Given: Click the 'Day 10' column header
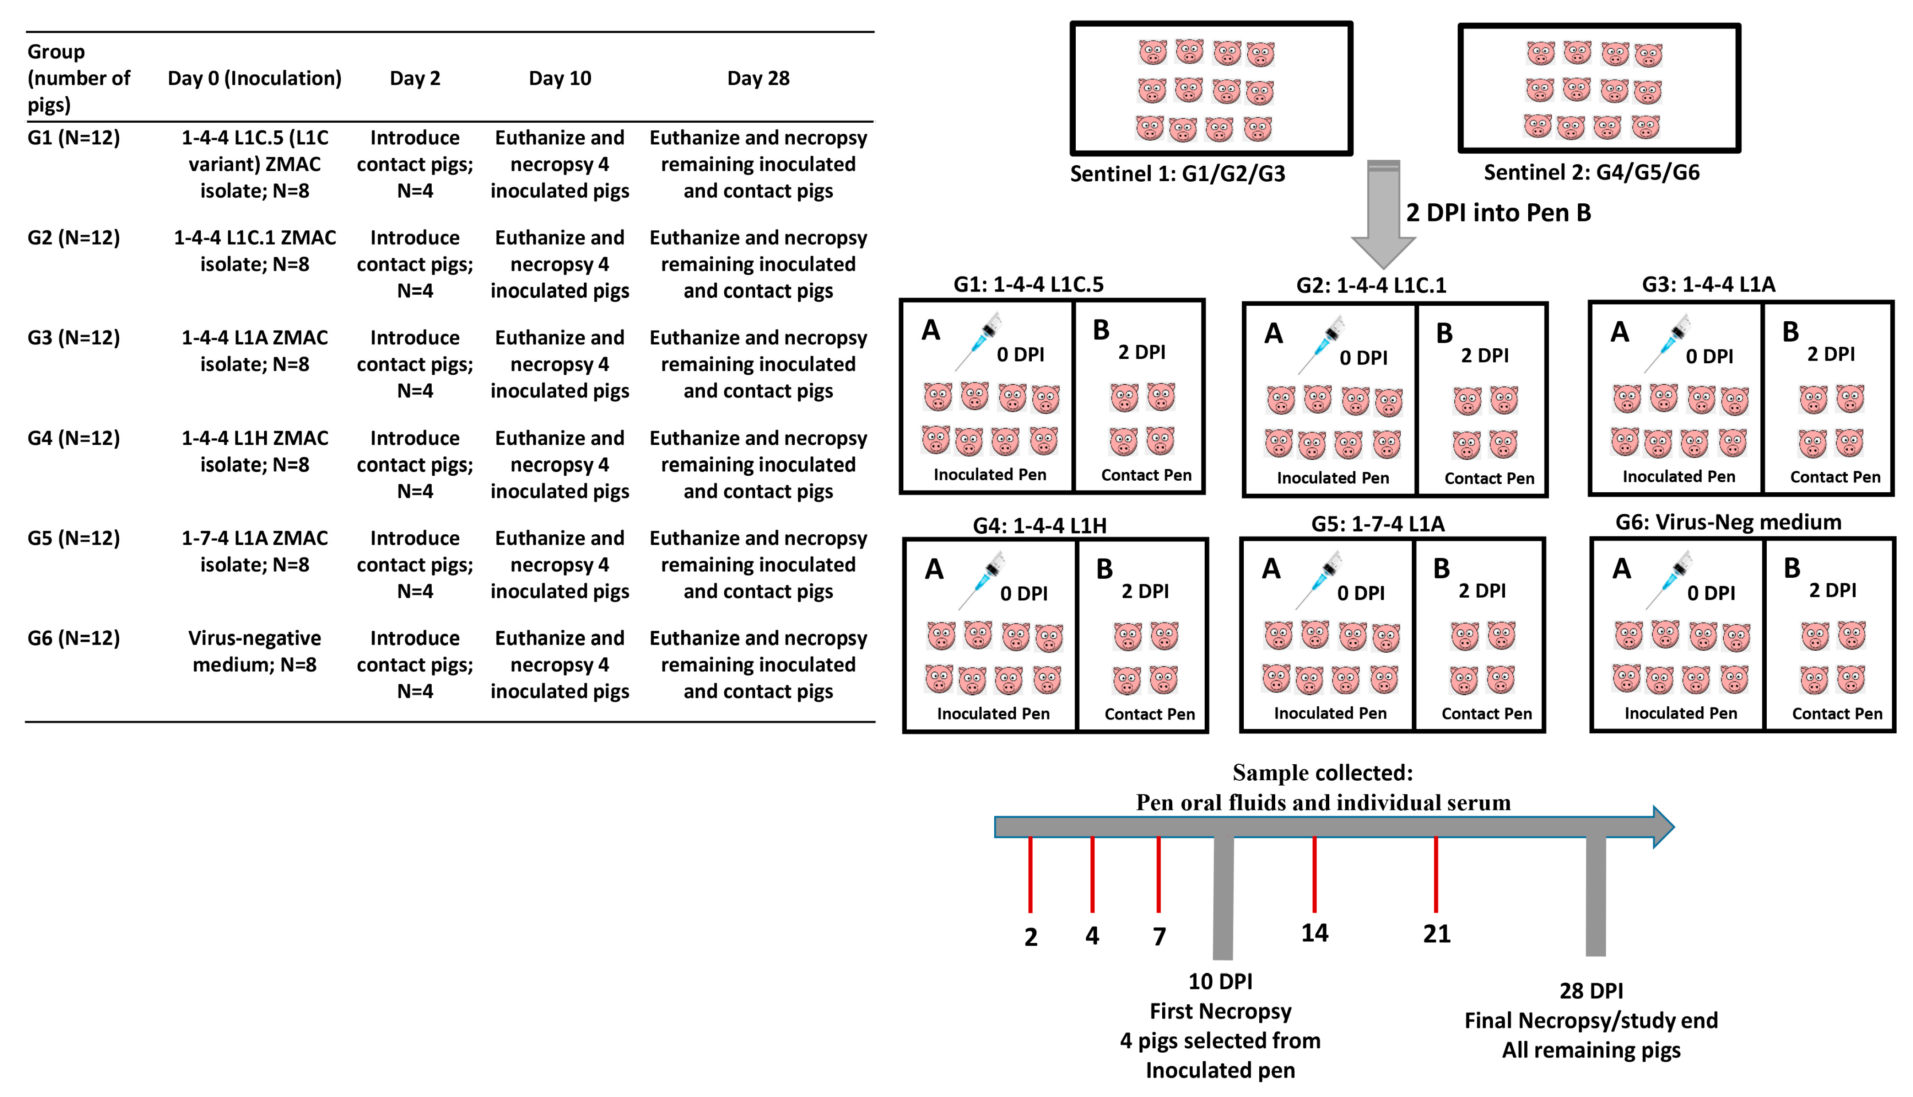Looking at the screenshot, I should coord(559,78).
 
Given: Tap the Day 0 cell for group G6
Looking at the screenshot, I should coord(255,651).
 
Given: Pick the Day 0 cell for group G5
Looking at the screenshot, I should coord(255,551).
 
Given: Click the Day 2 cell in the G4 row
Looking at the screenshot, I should coord(414,464).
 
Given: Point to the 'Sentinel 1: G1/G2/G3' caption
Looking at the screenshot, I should coord(1177,174).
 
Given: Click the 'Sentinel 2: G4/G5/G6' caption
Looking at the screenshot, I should coord(1591,172).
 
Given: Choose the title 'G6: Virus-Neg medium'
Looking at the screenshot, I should coord(1728,522).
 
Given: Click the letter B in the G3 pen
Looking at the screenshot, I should coord(1790,332).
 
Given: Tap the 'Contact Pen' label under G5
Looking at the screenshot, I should coord(1486,713).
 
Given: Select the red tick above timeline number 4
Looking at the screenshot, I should coord(1092,874).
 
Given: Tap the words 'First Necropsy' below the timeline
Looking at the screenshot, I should coord(1220,1011).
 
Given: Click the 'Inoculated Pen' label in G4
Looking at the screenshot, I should coord(993,713).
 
